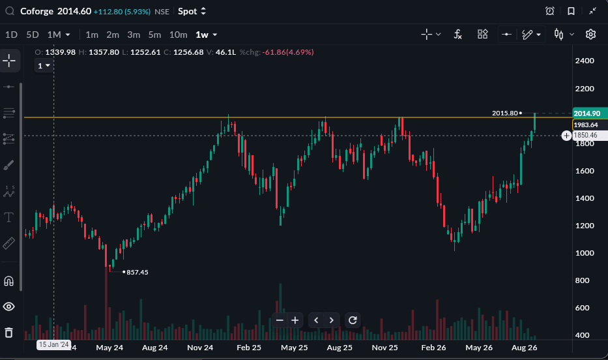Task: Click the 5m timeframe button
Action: [154, 35]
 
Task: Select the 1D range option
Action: [11, 35]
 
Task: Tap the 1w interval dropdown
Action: [207, 35]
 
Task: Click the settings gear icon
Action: [590, 35]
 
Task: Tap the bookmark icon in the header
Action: [571, 11]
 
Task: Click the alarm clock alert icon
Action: [550, 11]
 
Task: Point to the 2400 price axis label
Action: [585, 61]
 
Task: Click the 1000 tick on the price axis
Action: [585, 253]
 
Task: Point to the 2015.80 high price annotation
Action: [505, 113]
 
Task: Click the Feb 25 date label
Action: [249, 348]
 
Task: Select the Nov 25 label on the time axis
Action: [384, 348]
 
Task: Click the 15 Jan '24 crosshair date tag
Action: [54, 344]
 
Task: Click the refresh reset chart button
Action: [353, 320]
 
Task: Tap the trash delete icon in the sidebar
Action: [9, 333]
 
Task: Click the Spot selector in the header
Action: [192, 11]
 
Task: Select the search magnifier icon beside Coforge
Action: [10, 11]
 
